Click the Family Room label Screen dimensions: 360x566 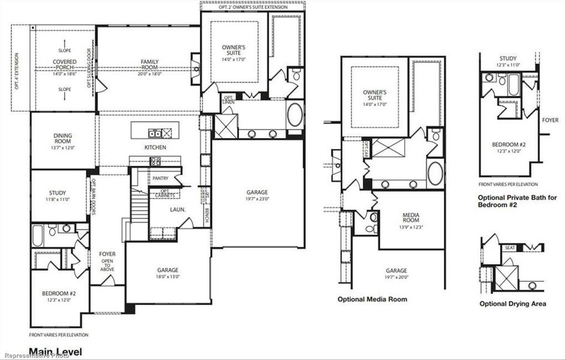[149, 62]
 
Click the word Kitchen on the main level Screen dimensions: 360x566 [155, 148]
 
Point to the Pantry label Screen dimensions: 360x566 [160, 178]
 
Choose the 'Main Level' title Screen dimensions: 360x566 [55, 352]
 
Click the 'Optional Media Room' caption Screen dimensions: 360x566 [372, 299]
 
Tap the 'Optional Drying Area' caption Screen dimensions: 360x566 [513, 304]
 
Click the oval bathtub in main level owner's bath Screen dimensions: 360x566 [295, 116]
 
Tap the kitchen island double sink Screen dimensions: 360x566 [155, 133]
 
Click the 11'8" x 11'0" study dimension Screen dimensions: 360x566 [59, 199]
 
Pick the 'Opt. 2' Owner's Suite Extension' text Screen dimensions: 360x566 [253, 7]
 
